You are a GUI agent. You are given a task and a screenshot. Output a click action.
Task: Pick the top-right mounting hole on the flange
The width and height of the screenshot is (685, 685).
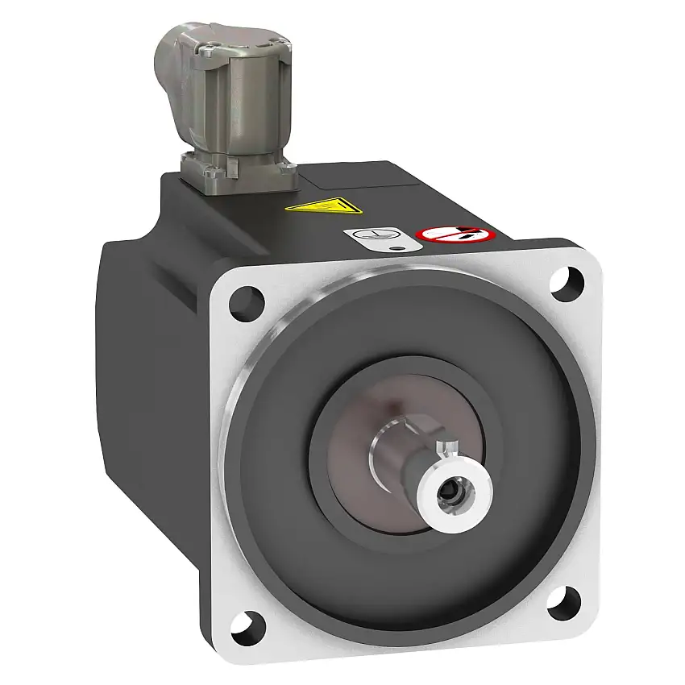coord(565,281)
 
